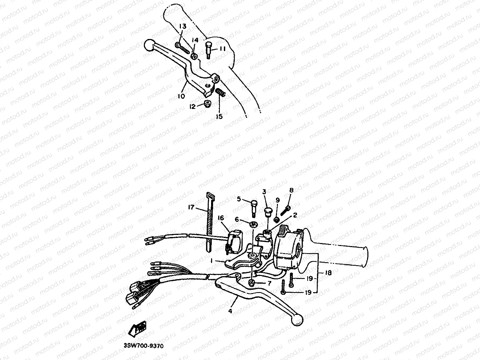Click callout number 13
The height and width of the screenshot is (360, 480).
(x=182, y=27)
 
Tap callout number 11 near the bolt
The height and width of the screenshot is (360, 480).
(x=223, y=49)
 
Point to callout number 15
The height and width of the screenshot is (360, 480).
(x=219, y=116)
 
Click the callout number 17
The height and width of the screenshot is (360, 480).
(x=190, y=208)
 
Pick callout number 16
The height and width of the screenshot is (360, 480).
(x=221, y=218)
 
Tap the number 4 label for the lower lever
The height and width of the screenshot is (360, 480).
(x=230, y=311)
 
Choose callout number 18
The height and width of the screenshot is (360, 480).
(x=328, y=273)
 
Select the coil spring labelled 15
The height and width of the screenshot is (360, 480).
(x=220, y=92)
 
